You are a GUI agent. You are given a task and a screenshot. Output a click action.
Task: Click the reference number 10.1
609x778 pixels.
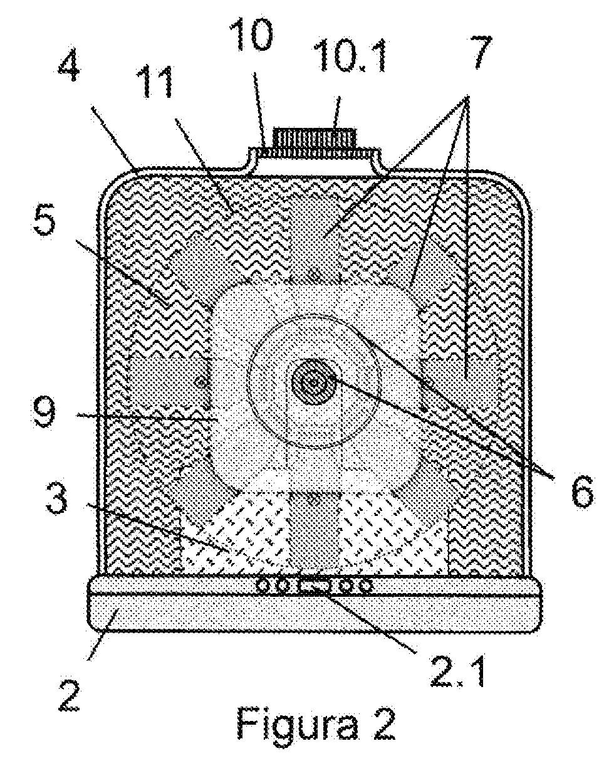[353, 56]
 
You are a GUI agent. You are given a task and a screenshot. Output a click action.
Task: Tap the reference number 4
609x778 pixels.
[69, 67]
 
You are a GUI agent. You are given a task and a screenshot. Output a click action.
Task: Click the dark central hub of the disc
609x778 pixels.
[313, 382]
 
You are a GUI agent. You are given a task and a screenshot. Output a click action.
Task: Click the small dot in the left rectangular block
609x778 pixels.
[201, 384]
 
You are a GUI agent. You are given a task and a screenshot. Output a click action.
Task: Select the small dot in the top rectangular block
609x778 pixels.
[315, 274]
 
